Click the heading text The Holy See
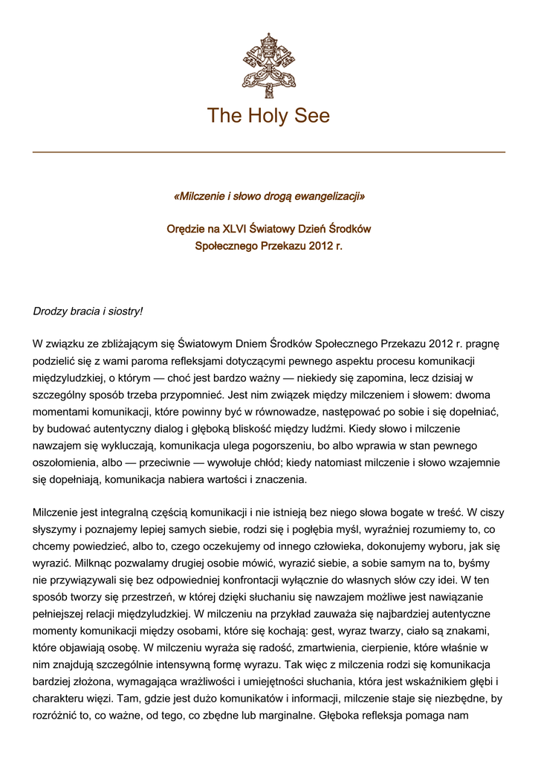[x=268, y=116]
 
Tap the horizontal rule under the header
[x=268, y=152]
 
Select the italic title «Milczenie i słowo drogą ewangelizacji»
[x=268, y=196]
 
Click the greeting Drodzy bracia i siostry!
[x=87, y=311]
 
